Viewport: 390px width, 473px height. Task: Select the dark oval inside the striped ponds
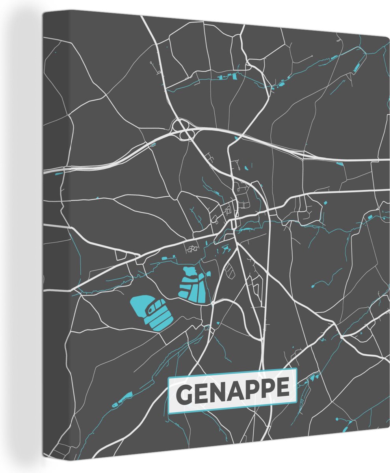click(150, 310)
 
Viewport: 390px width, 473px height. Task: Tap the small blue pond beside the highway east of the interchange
click(236, 138)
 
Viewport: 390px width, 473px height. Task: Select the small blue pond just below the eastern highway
click(339, 163)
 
